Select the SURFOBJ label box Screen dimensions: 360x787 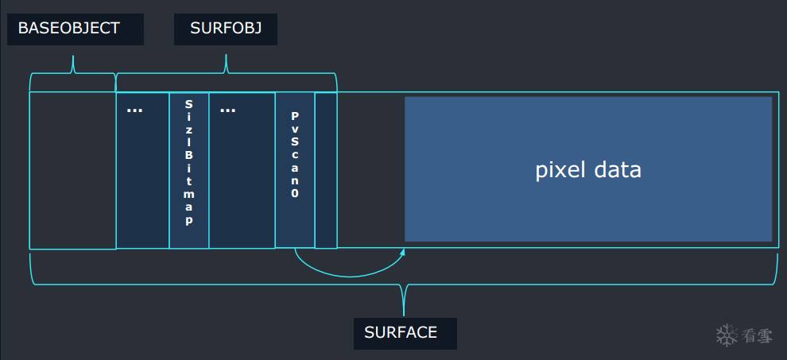click(x=226, y=29)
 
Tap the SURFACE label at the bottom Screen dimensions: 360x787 click(x=401, y=333)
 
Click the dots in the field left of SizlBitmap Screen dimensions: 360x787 click(x=134, y=110)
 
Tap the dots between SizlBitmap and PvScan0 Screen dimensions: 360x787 click(x=227, y=110)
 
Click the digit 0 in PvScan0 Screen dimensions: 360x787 click(x=295, y=193)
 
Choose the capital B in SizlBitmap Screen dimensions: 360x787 click(x=188, y=143)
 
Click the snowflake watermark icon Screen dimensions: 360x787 click(x=727, y=335)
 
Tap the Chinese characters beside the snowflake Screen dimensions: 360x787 click(x=758, y=335)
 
